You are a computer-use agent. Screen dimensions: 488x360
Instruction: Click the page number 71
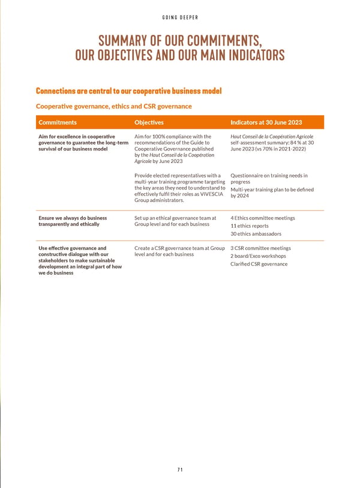point(180,470)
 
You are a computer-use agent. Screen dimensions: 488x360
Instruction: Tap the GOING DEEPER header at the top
point(180,17)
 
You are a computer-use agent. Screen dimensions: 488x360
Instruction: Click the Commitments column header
point(58,122)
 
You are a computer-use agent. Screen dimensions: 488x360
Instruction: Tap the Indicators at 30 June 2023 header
point(266,122)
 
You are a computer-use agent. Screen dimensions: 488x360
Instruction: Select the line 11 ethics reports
point(250,226)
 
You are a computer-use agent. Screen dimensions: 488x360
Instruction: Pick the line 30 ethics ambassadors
point(256,234)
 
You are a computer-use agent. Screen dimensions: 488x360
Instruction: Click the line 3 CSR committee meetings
point(260,248)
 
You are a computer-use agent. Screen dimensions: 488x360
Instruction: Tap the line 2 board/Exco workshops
point(258,256)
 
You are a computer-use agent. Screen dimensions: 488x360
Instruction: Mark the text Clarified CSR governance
point(259,264)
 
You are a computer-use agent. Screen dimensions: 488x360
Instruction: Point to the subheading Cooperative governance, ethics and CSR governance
point(114,106)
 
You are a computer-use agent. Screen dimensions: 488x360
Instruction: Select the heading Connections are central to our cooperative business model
point(129,91)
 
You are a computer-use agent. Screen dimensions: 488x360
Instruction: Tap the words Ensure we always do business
point(73,218)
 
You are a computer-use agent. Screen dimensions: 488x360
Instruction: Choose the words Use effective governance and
point(72,248)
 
